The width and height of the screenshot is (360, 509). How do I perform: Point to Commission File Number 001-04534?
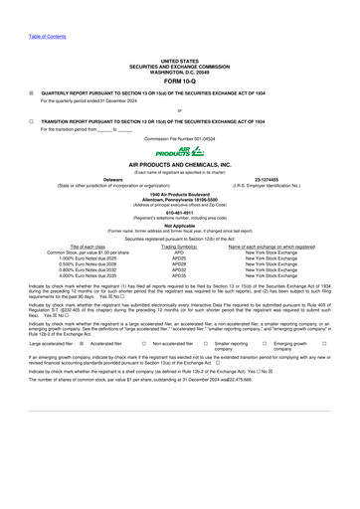tap(179, 136)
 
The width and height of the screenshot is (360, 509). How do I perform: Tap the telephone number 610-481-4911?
tap(179, 211)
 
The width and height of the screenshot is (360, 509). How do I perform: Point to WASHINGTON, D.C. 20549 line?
tap(179, 73)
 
